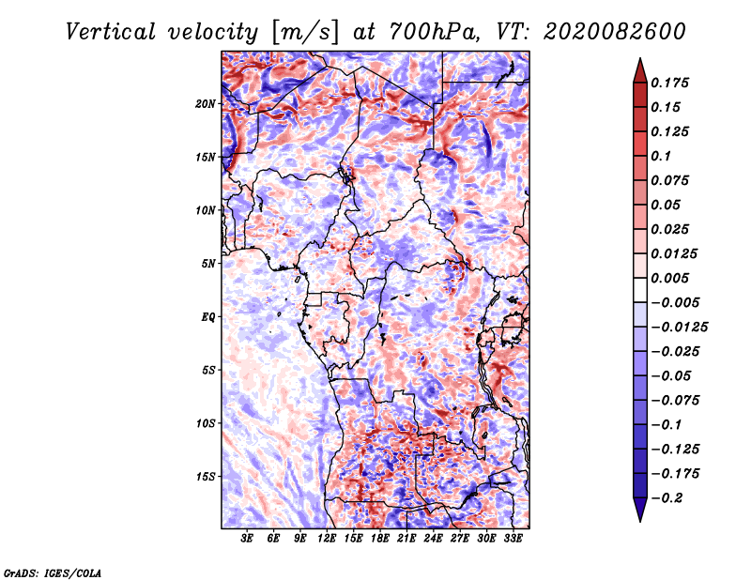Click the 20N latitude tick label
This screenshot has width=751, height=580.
[206, 103]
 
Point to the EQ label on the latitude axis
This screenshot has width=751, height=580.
[208, 316]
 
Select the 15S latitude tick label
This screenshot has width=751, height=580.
[206, 476]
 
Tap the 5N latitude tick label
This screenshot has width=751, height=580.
[208, 264]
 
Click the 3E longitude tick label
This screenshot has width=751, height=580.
[248, 540]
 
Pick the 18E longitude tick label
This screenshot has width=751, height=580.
[380, 540]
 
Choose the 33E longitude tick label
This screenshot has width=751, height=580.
[513, 540]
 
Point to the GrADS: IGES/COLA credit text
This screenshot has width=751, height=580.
[53, 572]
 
